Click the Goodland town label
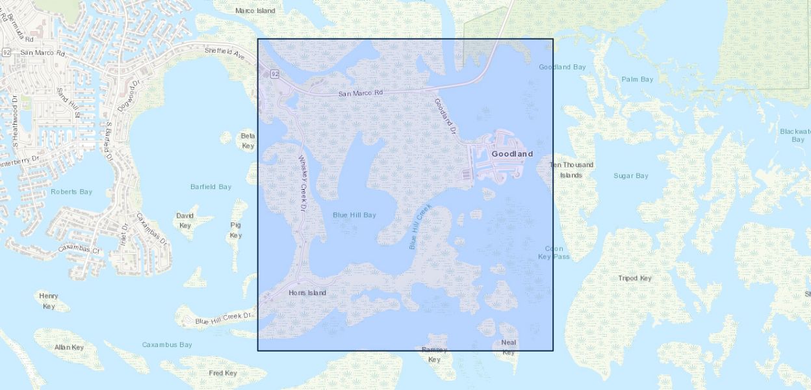coord(512,154)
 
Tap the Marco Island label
coord(255,10)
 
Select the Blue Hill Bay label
coord(354,214)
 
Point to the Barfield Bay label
coord(211,187)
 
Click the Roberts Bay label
coord(71,192)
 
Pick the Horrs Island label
coord(307,292)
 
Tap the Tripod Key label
coord(634,278)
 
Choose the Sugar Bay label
coord(631,175)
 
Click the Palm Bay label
coord(637,79)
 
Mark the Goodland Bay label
coord(562,67)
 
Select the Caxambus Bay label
coord(167,344)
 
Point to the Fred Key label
coord(222,373)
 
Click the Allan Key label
coord(69,347)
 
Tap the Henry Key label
coord(49,301)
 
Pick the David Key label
coord(185,220)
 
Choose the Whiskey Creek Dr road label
coord(302,183)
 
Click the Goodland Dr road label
coord(444,116)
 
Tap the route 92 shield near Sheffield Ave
coord(275,74)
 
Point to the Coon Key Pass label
coord(554,252)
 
